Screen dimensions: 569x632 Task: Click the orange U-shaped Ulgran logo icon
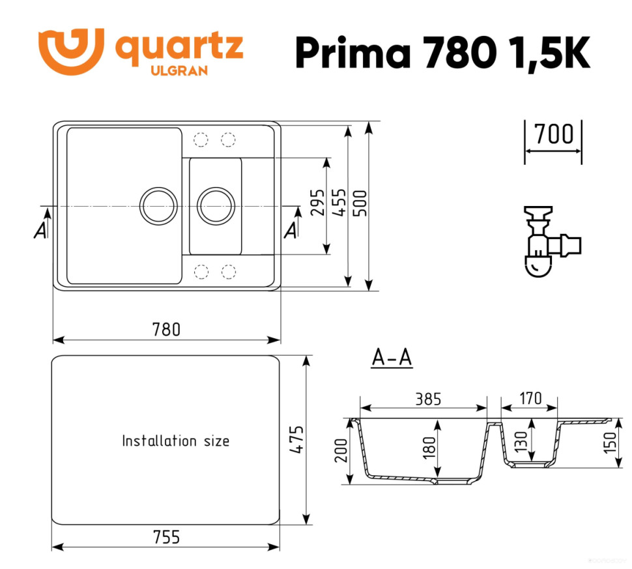(70, 50)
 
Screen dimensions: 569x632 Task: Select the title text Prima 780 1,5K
(442, 51)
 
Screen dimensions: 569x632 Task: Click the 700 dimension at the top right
(553, 134)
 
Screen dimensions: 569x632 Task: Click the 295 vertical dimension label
(317, 205)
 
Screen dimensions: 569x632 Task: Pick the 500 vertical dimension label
(360, 205)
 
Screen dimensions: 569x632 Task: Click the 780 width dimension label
(166, 329)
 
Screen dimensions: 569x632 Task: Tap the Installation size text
(176, 441)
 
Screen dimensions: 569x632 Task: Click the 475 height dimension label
(296, 441)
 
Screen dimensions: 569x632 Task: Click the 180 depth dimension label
(427, 448)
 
